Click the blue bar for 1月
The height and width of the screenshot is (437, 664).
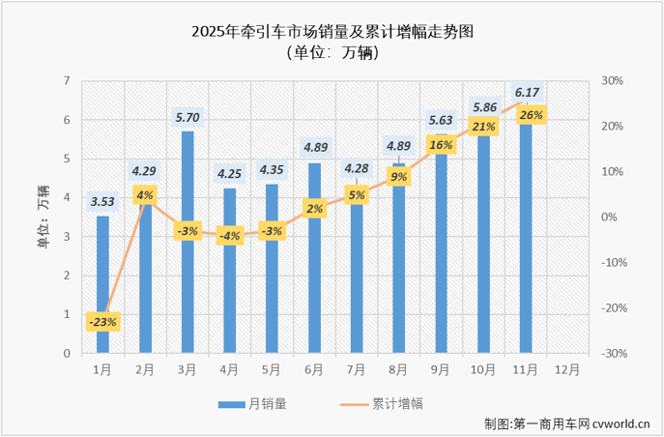(102, 285)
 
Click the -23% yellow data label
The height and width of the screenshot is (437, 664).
(102, 321)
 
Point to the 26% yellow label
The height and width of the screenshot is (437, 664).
(529, 115)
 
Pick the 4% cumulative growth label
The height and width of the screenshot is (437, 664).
(145, 195)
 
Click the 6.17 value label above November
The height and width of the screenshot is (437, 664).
(528, 93)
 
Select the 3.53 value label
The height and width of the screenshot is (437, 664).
(102, 202)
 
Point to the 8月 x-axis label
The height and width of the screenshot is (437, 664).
(400, 370)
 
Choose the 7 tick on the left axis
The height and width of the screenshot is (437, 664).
(66, 81)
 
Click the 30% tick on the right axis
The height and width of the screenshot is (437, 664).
(611, 81)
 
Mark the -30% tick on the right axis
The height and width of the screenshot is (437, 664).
(611, 354)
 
